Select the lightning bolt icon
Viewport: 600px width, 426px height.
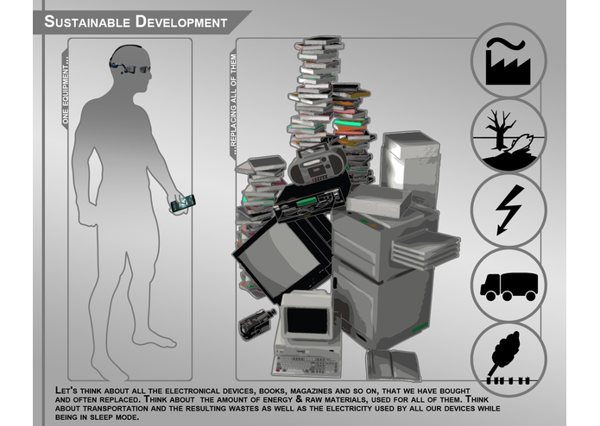[x=508, y=210]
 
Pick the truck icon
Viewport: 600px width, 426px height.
[x=508, y=285]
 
